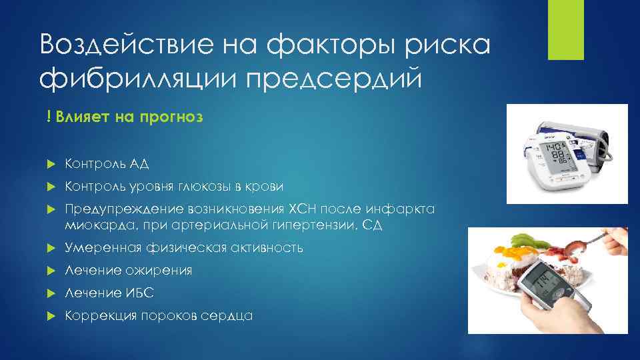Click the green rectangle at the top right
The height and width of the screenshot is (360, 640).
[x=565, y=29]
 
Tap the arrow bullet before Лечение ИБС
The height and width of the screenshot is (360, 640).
[x=51, y=293]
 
